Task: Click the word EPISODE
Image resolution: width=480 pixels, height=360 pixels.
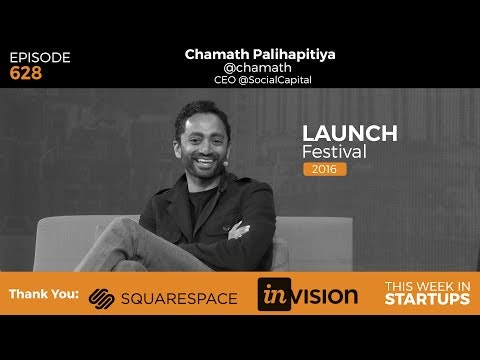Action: (x=40, y=57)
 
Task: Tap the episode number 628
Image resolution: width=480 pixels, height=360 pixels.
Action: (x=26, y=73)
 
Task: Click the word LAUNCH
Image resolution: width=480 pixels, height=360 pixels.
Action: (x=350, y=133)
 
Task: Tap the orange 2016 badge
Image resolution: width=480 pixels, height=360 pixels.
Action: (x=325, y=169)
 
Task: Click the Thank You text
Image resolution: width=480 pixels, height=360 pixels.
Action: (x=43, y=296)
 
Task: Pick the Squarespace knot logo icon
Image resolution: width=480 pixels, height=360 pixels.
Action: (x=102, y=297)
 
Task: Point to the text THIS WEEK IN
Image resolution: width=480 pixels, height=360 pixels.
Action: (x=427, y=286)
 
